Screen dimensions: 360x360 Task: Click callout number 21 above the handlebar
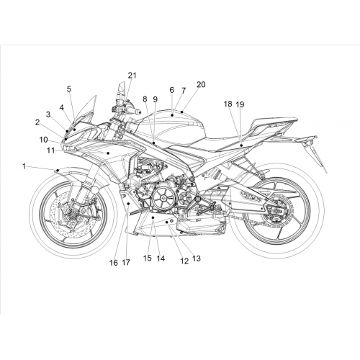(132, 76)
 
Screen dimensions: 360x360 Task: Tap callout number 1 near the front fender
(24, 166)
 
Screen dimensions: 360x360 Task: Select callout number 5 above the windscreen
(69, 89)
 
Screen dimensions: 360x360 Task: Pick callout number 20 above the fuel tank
(201, 84)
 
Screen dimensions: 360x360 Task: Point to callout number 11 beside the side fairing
(50, 150)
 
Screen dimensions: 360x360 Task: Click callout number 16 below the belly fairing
(114, 263)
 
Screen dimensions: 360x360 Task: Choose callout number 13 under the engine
(196, 258)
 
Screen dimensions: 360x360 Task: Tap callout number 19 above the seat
(240, 104)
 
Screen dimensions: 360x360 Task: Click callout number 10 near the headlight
(44, 140)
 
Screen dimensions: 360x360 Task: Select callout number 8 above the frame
(145, 99)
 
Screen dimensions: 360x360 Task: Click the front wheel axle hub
(71, 212)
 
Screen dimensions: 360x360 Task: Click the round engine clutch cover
(163, 198)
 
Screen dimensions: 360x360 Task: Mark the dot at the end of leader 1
(58, 171)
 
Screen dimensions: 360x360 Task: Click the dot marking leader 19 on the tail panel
(241, 145)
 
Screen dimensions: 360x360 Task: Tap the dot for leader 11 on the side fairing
(108, 153)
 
